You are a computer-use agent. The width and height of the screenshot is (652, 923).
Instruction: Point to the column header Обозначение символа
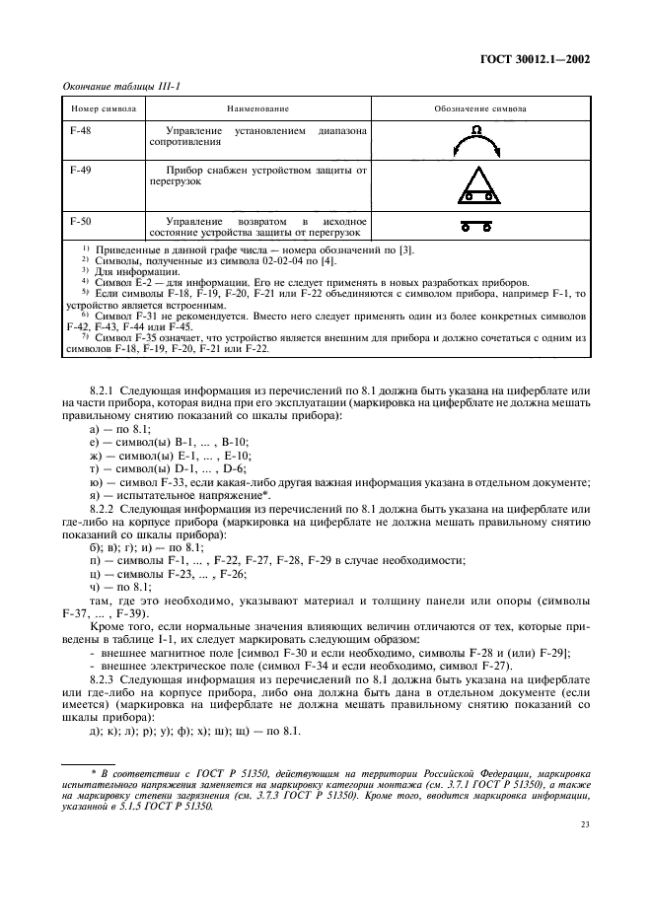click(x=480, y=110)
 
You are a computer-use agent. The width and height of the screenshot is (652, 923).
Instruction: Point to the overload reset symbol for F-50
click(x=479, y=226)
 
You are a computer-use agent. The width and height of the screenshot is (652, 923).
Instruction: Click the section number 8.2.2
click(x=105, y=508)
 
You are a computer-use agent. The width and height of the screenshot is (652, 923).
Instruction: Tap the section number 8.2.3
click(x=105, y=679)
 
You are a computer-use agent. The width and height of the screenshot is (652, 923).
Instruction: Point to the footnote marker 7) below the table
click(x=86, y=337)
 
